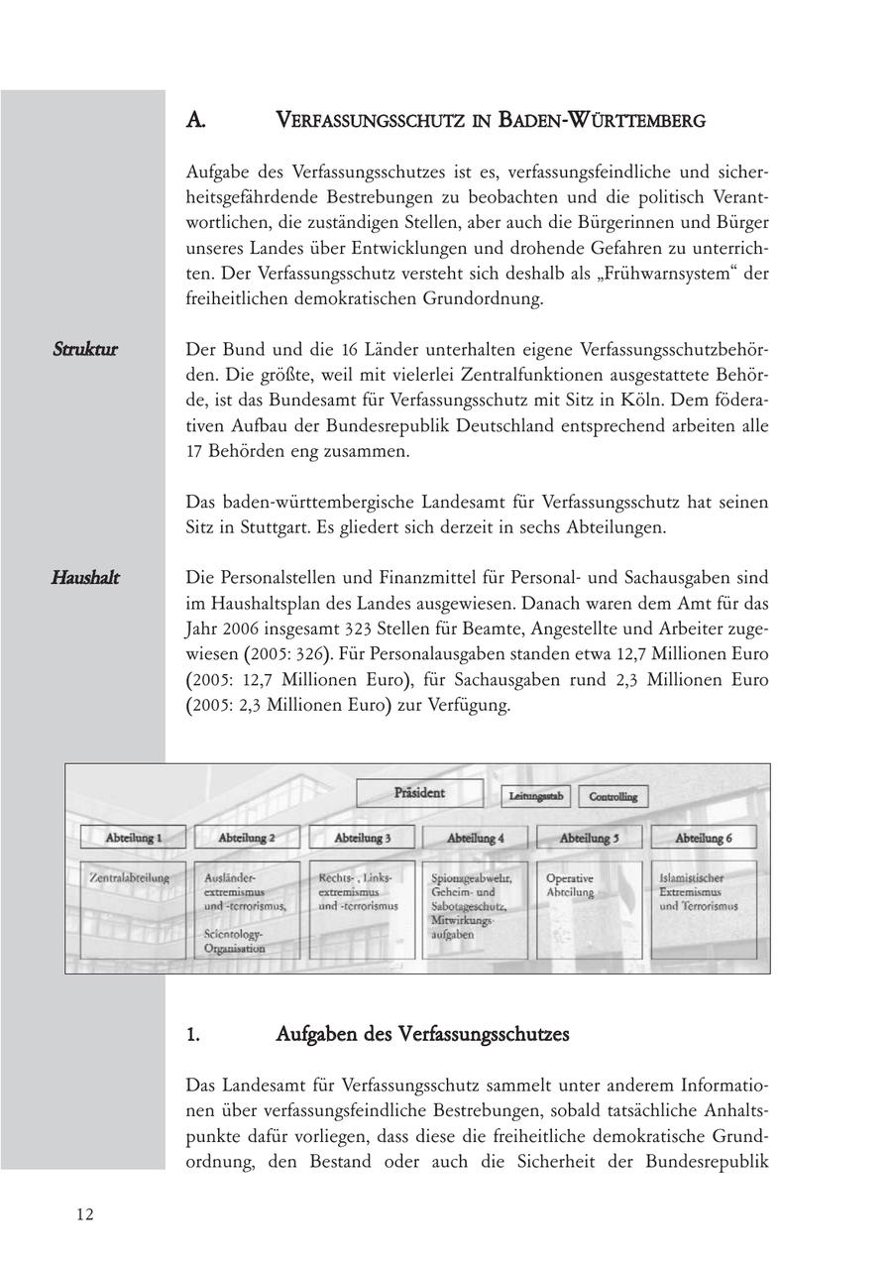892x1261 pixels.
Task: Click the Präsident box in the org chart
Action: pyautogui.click(x=420, y=793)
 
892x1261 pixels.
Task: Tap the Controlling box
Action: pyautogui.click(x=613, y=796)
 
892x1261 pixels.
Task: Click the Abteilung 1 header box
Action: pyautogui.click(x=133, y=838)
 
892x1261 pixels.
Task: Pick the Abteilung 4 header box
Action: pyautogui.click(x=475, y=838)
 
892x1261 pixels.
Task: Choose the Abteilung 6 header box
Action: pyautogui.click(x=704, y=838)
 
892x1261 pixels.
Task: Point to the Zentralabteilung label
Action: pyautogui.click(x=130, y=878)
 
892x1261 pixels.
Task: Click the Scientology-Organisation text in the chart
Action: pyautogui.click(x=235, y=941)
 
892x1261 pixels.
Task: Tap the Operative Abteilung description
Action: pyautogui.click(x=570, y=885)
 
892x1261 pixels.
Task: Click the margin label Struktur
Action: pyautogui.click(x=85, y=350)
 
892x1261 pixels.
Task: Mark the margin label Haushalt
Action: pyautogui.click(x=85, y=578)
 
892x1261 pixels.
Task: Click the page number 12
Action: pyautogui.click(x=85, y=1215)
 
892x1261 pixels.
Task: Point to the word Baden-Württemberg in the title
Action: pyautogui.click(x=602, y=121)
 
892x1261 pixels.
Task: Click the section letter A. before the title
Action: pyautogui.click(x=195, y=121)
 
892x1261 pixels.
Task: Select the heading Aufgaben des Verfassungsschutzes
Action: pyautogui.click(x=422, y=1035)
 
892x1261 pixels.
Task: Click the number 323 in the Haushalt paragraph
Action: pyautogui.click(x=358, y=629)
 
